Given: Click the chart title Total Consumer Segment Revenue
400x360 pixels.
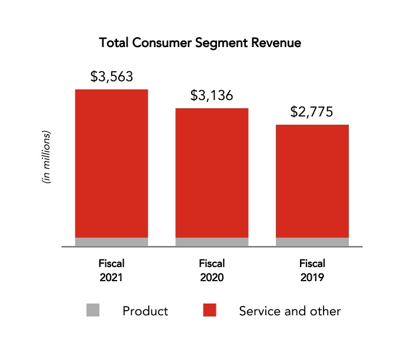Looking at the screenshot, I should tap(200, 43).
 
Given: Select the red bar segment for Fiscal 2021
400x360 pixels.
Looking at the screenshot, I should tap(111, 163).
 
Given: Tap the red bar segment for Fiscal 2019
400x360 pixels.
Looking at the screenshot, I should tap(312, 181).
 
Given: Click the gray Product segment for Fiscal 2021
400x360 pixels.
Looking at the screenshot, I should tap(111, 242).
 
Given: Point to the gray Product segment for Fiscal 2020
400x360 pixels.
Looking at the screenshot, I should tap(212, 242).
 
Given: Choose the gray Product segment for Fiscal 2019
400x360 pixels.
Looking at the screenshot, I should tap(312, 242).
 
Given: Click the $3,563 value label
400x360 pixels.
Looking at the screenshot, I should tap(111, 76).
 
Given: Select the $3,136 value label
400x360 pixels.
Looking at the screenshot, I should tap(212, 95).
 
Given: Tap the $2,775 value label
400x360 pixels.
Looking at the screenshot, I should tap(312, 112).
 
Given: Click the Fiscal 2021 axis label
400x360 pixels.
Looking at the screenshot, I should tap(111, 270).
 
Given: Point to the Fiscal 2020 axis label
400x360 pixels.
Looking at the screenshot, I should tap(212, 270).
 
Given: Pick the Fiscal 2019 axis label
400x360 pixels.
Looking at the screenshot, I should tap(312, 270).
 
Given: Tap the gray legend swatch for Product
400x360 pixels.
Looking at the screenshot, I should tap(93, 311).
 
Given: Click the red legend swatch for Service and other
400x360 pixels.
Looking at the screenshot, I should tap(209, 311).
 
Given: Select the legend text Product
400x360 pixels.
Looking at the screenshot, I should tap(145, 311).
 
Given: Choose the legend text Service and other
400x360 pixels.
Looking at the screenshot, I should tap(289, 311).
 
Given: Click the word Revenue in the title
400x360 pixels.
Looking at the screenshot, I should tap(277, 43).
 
